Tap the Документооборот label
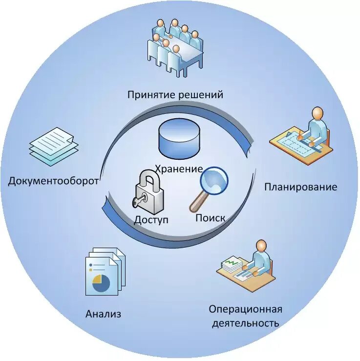pyautogui.click(x=53, y=181)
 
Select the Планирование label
pyautogui.click(x=300, y=187)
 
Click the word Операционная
pyautogui.click(x=245, y=310)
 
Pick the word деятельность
pyautogui.click(x=245, y=323)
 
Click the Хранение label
pyautogui.click(x=179, y=169)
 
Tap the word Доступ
pyautogui.click(x=151, y=220)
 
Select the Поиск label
pyautogui.click(x=210, y=218)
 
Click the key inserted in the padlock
pyautogui.click(x=138, y=202)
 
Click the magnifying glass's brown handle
pyautogui.click(x=197, y=202)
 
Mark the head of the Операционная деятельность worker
pyautogui.click(x=261, y=245)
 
